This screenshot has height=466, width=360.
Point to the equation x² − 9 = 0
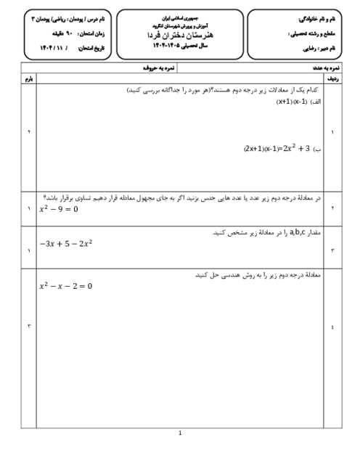point(58,209)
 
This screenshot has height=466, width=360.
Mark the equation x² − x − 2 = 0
point(66,286)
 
